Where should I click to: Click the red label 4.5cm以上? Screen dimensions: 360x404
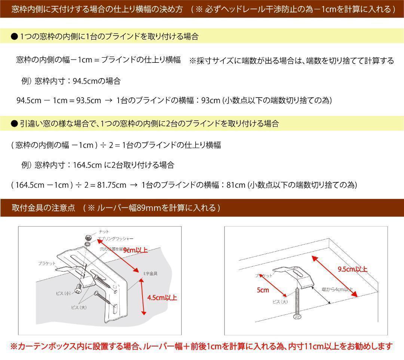point(162,298)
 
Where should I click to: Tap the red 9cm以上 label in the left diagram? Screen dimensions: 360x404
point(135,250)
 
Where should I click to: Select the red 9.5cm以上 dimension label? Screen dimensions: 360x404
point(352,269)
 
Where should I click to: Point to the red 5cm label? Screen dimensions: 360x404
point(263,290)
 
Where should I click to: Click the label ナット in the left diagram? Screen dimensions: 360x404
point(104,232)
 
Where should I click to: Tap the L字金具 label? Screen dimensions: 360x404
point(150,273)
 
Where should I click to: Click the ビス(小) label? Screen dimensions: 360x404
point(63,293)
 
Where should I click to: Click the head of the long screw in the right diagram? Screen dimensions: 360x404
point(297,317)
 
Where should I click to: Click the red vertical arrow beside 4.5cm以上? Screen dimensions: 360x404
point(142,298)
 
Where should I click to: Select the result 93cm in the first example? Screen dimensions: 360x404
point(211,100)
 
